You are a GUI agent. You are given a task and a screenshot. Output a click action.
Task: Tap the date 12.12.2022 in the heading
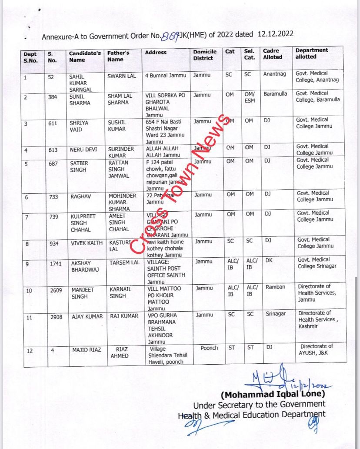click(275, 34)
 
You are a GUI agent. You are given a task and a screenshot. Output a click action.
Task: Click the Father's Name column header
click(118, 56)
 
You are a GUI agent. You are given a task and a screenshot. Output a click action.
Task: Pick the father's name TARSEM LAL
click(124, 263)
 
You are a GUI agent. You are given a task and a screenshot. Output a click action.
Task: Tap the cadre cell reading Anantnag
click(275, 74)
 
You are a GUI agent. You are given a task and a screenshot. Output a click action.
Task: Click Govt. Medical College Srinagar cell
click(317, 263)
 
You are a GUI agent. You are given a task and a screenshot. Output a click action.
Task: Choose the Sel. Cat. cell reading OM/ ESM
click(250, 98)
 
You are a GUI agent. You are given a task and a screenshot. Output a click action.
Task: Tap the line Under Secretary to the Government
click(259, 404)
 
